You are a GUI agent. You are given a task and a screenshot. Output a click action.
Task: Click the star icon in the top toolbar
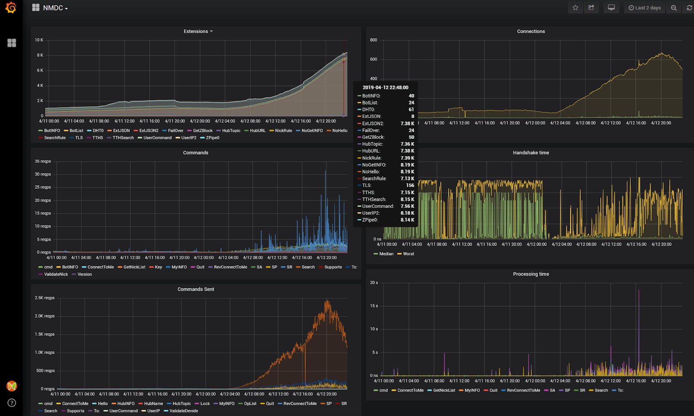pos(575,8)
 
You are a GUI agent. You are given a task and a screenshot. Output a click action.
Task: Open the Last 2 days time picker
pos(645,8)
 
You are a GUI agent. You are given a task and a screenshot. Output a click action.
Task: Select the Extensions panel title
pos(196,31)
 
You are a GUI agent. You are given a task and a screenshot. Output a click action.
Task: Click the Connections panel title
pos(530,31)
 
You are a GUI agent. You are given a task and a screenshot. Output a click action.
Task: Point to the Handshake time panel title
pos(530,153)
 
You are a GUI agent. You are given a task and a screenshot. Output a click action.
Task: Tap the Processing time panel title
pos(530,274)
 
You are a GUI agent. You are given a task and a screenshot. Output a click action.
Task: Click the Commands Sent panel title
pos(196,289)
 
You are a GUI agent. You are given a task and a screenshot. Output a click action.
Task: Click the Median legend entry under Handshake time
pos(386,254)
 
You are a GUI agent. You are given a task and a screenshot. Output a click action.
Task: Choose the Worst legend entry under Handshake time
pos(408,254)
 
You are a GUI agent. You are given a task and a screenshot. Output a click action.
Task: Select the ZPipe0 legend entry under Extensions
pos(212,138)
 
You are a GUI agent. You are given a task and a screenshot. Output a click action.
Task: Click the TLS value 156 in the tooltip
pos(410,186)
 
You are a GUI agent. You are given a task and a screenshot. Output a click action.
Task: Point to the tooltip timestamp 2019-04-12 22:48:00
pos(385,88)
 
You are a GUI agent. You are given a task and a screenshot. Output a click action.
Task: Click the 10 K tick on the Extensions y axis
pos(39,40)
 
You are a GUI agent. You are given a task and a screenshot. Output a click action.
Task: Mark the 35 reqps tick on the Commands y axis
pos(43,161)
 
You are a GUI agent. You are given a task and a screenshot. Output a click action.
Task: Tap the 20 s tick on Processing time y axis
pos(373,283)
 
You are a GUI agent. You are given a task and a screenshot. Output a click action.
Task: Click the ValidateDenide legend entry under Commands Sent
pos(183,411)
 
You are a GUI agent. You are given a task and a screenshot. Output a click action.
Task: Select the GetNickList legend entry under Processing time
pos(444,390)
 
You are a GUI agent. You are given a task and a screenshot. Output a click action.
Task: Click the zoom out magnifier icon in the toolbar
pos(674,8)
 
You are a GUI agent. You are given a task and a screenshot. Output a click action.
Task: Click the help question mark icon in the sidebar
pos(12,403)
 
